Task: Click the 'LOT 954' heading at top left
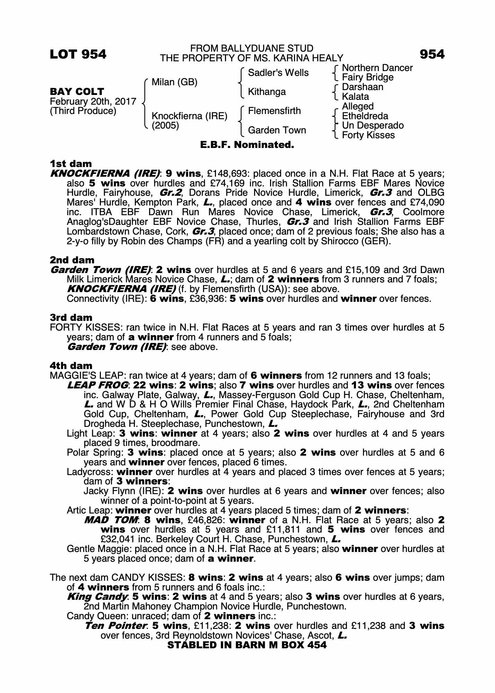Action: pos(78,54)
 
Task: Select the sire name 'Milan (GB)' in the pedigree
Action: pos(174,82)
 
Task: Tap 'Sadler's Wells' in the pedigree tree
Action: pos(278,73)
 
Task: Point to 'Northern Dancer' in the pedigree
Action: pos(377,68)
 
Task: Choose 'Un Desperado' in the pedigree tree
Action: pos(373,125)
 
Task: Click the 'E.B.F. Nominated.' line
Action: pos(247,145)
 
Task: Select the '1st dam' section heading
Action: pos(71,164)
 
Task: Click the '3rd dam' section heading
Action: pos(71,318)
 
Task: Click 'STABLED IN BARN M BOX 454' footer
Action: pos(247,645)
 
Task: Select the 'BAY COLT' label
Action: pos(77,92)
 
